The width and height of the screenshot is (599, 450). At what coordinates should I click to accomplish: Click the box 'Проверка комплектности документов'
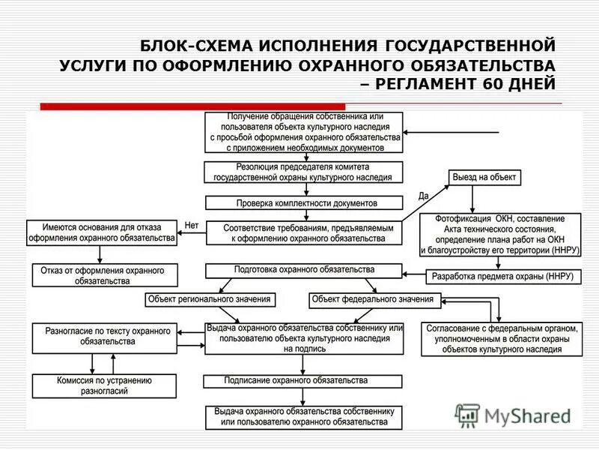pyautogui.click(x=304, y=202)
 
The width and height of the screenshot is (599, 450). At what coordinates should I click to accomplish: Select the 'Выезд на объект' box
pyautogui.click(x=484, y=178)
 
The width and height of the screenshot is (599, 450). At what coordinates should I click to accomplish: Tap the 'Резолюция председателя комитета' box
pyautogui.click(x=304, y=171)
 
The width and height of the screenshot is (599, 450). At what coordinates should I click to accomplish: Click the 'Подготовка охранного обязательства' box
pyautogui.click(x=304, y=269)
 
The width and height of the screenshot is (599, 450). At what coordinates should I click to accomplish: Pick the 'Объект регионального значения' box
pyautogui.click(x=210, y=299)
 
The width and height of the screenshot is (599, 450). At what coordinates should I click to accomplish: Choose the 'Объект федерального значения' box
pyautogui.click(x=373, y=299)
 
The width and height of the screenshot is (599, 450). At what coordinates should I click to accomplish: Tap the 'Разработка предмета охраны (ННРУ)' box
pyautogui.click(x=502, y=276)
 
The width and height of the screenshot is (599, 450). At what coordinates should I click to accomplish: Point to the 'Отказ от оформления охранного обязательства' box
pyautogui.click(x=105, y=275)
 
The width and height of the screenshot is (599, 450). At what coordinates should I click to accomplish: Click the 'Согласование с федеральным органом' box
pyautogui.click(x=502, y=338)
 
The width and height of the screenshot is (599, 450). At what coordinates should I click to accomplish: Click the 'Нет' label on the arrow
pyautogui.click(x=191, y=225)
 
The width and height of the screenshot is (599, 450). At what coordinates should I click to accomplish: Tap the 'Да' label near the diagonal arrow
pyautogui.click(x=424, y=196)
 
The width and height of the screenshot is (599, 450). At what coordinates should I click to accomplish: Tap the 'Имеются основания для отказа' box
pyautogui.click(x=102, y=232)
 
